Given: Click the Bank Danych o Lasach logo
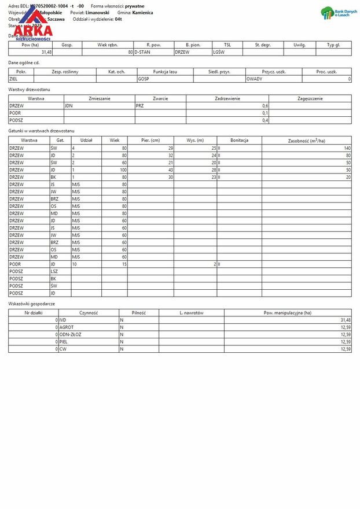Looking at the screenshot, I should pos(336,13).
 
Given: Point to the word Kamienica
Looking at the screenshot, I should pos(142,12).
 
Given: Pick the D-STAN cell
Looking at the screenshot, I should pos(144,52).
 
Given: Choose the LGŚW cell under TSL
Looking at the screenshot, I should pos(219,52).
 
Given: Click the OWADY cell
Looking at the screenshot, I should pos(255,79).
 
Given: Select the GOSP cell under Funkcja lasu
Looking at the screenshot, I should pos(144,79).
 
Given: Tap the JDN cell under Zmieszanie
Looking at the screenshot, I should pos(69,106).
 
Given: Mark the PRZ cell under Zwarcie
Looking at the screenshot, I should pos(139,106).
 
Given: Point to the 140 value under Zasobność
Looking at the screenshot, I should pos(347,148).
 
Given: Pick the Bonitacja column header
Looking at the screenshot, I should pos(239,141).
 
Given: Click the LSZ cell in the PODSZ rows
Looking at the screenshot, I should pos(54,271).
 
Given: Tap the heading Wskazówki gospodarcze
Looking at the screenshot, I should pos(32,304).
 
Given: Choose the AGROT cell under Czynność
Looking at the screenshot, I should pos(67,327).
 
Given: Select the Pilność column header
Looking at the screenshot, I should pos(138,312).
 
